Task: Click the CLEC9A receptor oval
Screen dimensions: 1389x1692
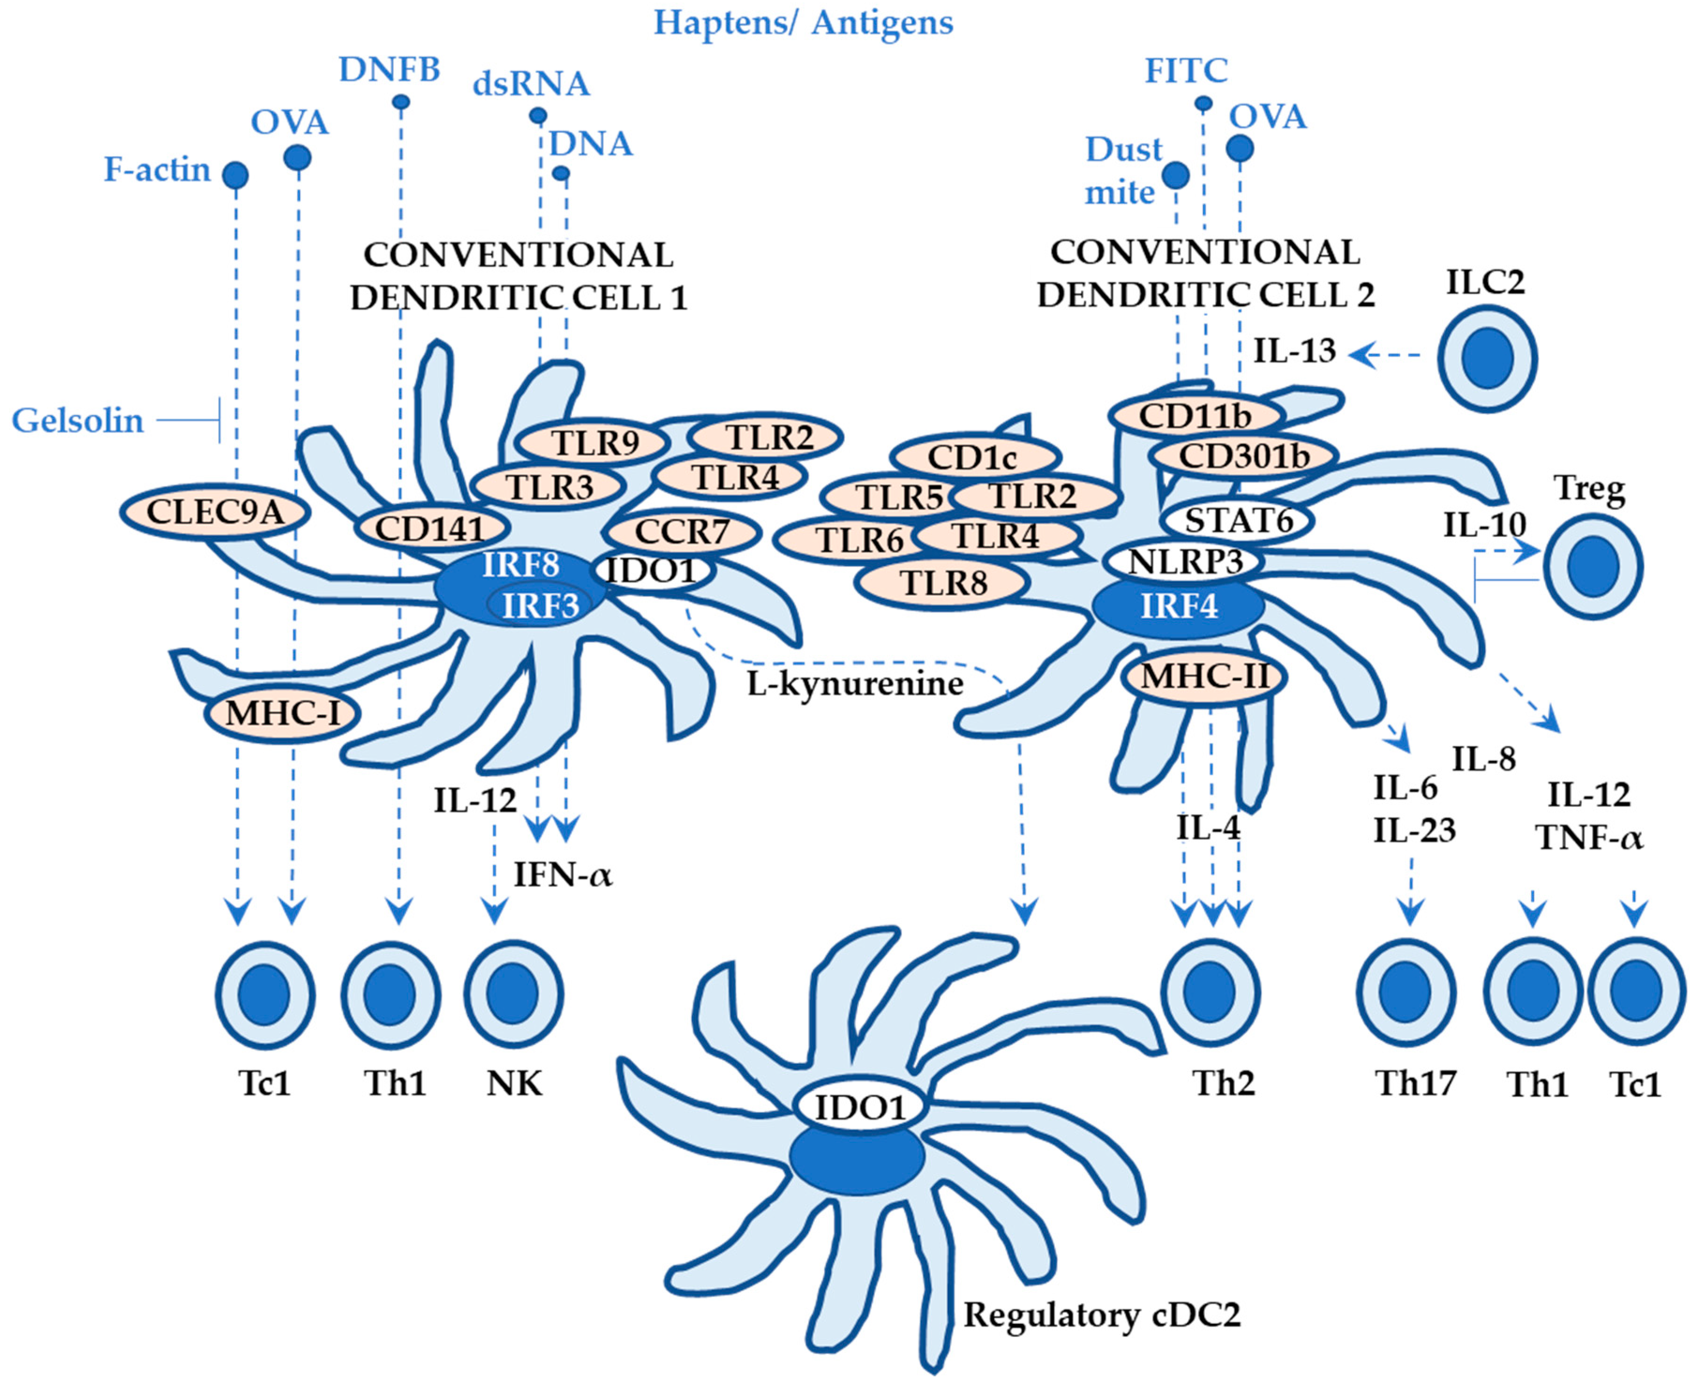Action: [215, 512]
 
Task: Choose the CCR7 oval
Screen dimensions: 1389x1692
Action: [682, 532]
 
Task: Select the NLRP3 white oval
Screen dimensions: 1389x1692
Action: [1184, 562]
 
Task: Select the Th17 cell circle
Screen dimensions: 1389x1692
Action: [1406, 993]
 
